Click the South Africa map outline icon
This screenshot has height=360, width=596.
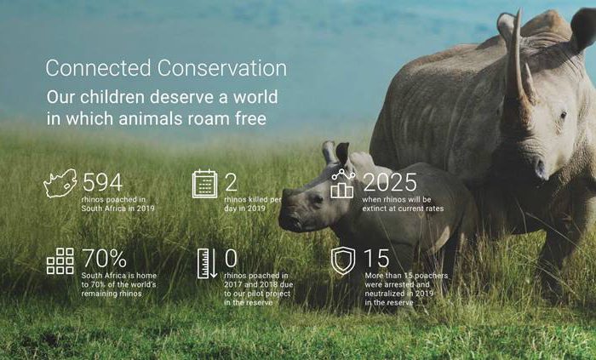pos(60,183)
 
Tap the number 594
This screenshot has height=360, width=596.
pos(103,182)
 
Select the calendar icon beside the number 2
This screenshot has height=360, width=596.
pos(205,184)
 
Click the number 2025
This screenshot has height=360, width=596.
pos(390,182)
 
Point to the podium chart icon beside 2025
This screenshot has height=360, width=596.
pos(343,184)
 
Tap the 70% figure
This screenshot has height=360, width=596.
pos(104,258)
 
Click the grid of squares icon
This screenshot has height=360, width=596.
pos(60,261)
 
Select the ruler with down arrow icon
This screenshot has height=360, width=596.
pos(207,264)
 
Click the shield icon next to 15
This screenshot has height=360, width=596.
pos(343,261)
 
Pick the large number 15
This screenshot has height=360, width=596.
pos(376,259)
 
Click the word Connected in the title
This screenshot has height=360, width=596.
pos(99,68)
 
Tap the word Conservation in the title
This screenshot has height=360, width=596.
pos(222,68)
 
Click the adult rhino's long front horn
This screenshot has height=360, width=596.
pos(516,60)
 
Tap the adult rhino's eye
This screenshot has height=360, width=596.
pos(564,114)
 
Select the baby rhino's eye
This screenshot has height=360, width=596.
pos(316,198)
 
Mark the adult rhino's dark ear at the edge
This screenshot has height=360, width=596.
pos(583,28)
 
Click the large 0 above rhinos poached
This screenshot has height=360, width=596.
pos(231,258)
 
